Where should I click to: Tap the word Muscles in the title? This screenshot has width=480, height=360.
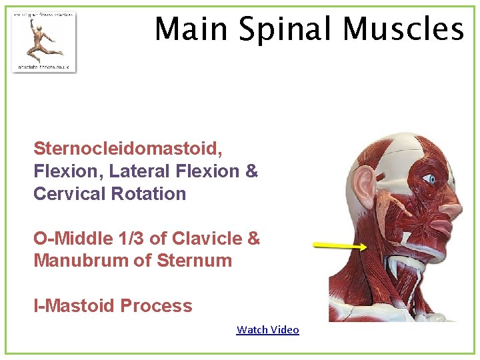[x=403, y=29]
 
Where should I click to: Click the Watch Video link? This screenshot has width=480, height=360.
[x=267, y=329]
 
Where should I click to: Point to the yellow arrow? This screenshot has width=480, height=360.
[x=339, y=246]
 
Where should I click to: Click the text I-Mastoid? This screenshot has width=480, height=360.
[x=75, y=306]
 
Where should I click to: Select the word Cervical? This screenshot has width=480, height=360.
[x=69, y=194]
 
